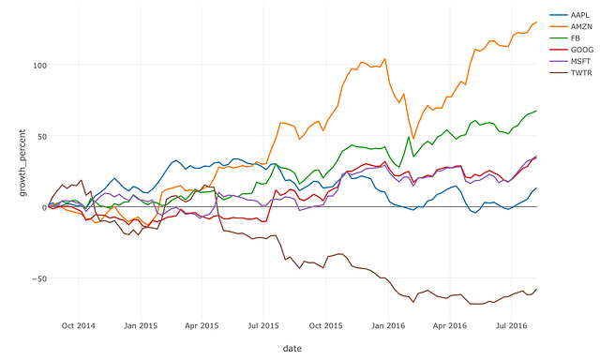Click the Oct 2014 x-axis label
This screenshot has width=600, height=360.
coord(78,325)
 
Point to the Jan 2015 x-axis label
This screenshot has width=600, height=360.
coord(141,325)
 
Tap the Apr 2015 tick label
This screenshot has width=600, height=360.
coord(202,325)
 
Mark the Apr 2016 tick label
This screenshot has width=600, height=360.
coord(450,325)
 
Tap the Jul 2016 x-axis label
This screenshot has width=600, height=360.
coord(512,325)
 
